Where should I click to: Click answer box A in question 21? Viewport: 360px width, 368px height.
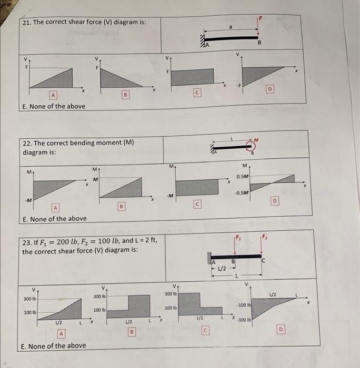53,95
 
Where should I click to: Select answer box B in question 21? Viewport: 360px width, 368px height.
125,95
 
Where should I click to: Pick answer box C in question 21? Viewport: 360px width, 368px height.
197,93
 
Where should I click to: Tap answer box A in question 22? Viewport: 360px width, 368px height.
53,208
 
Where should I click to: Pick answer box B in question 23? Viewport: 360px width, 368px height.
132,332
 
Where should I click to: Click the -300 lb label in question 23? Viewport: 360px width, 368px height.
244,319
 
